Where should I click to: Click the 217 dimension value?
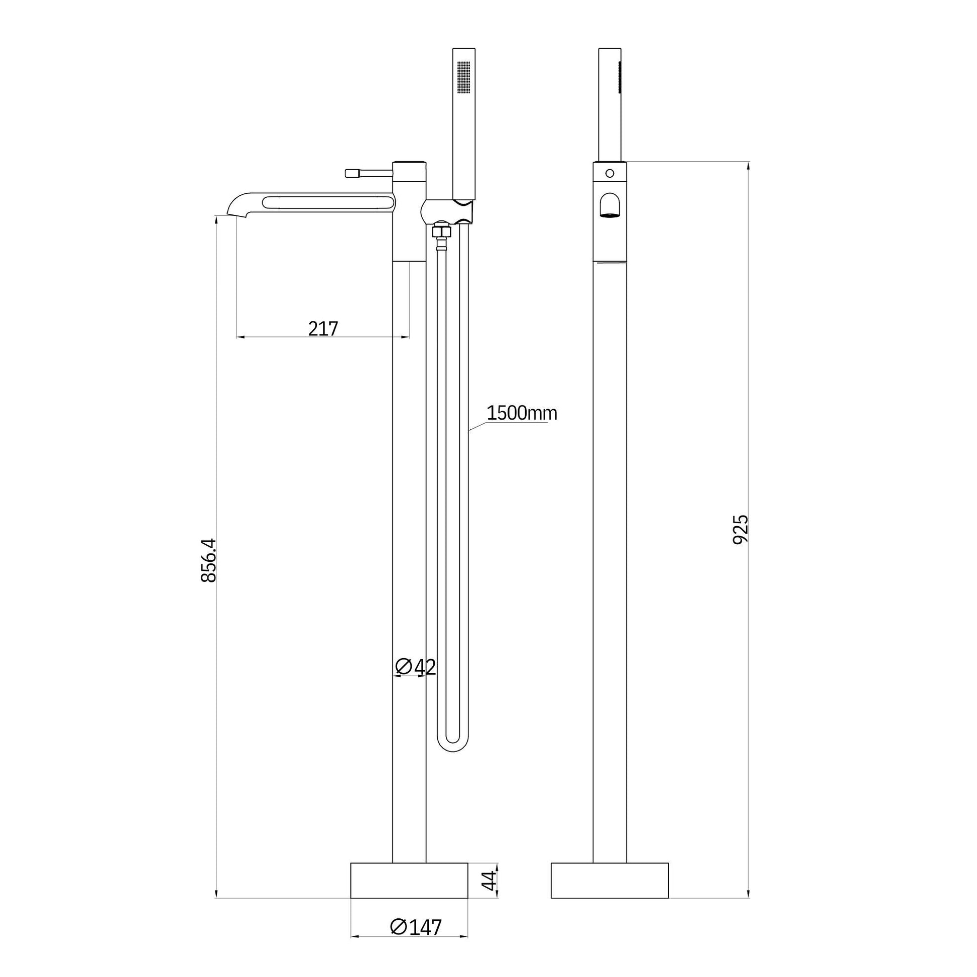(323, 329)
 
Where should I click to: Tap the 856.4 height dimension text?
(208, 560)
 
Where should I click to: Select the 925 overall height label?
(741, 529)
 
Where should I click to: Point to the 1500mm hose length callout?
(521, 413)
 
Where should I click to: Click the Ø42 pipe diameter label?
(415, 667)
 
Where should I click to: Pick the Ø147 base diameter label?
(416, 941)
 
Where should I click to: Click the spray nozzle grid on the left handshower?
(463, 77)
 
